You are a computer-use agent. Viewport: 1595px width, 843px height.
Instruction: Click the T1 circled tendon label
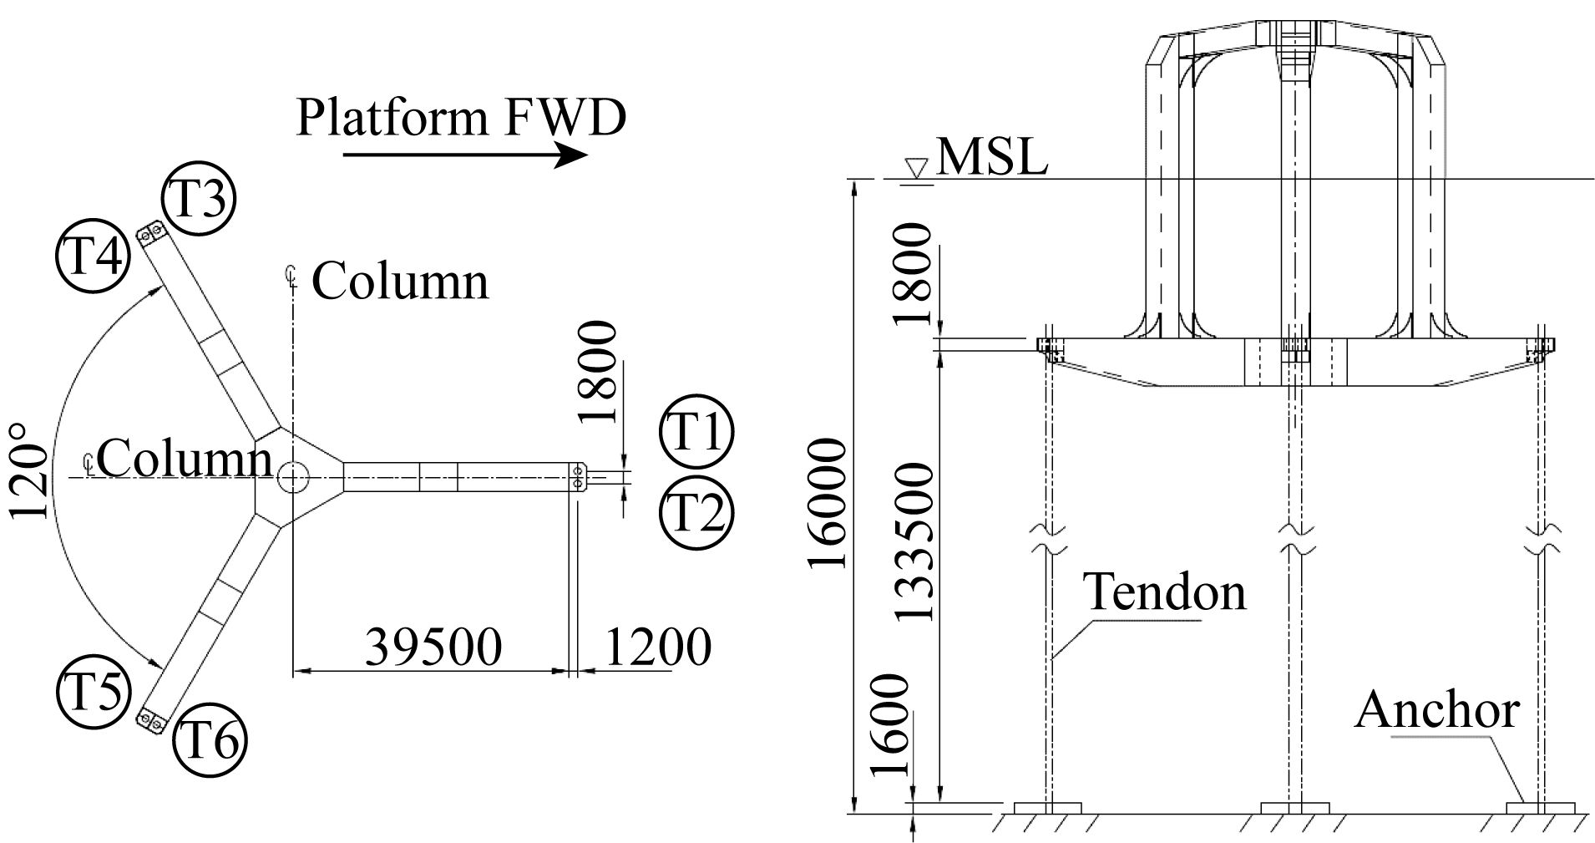pyautogui.click(x=696, y=433)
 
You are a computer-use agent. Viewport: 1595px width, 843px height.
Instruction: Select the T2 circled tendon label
pyautogui.click(x=696, y=511)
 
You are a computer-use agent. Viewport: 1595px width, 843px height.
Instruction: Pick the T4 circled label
pyautogui.click(x=92, y=255)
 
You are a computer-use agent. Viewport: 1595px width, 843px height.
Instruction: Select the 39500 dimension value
pyautogui.click(x=433, y=646)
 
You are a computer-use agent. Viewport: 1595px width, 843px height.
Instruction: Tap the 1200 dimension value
pyautogui.click(x=658, y=646)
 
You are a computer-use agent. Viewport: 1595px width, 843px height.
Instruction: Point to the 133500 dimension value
pyautogui.click(x=914, y=542)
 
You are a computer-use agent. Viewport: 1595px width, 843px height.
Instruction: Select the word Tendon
pyautogui.click(x=1164, y=592)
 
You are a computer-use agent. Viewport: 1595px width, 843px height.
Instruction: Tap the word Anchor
pyautogui.click(x=1435, y=709)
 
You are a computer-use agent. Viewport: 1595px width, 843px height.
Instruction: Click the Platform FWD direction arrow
pyautogui.click(x=465, y=155)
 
